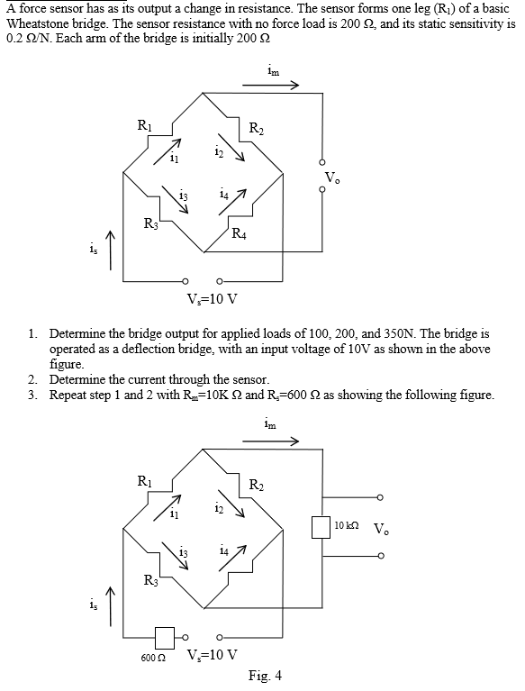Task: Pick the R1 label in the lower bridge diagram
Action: click(144, 480)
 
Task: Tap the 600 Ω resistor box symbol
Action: click(164, 638)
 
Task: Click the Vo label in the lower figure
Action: click(382, 529)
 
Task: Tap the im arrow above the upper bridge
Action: click(276, 86)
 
